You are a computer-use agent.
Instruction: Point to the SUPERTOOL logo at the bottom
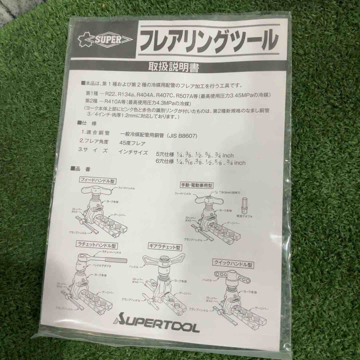tap(157, 327)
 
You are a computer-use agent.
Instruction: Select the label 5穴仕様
tap(165, 154)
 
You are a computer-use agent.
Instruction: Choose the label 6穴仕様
tap(165, 162)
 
